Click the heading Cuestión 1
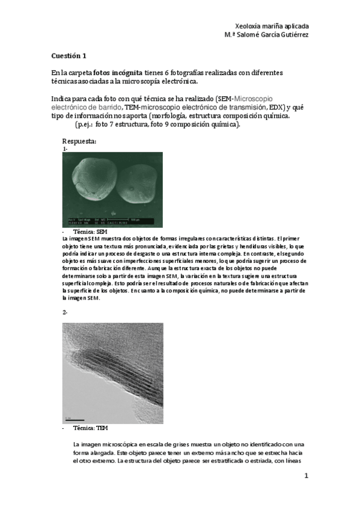pyautogui.click(x=69, y=56)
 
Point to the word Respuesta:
pyautogui.click(x=79, y=141)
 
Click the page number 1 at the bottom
pyautogui.click(x=306, y=476)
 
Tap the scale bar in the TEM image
pyautogui.click(x=74, y=419)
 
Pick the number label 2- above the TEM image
pyautogui.click(x=65, y=313)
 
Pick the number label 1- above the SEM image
pyautogui.click(x=64, y=148)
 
